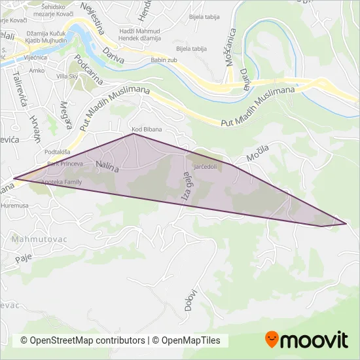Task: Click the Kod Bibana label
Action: point(146,130)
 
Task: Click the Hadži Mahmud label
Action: point(139,31)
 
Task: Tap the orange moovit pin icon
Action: point(271,339)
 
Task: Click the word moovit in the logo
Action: point(315,340)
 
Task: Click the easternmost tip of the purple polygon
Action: point(346,224)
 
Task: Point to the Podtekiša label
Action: point(58,152)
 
